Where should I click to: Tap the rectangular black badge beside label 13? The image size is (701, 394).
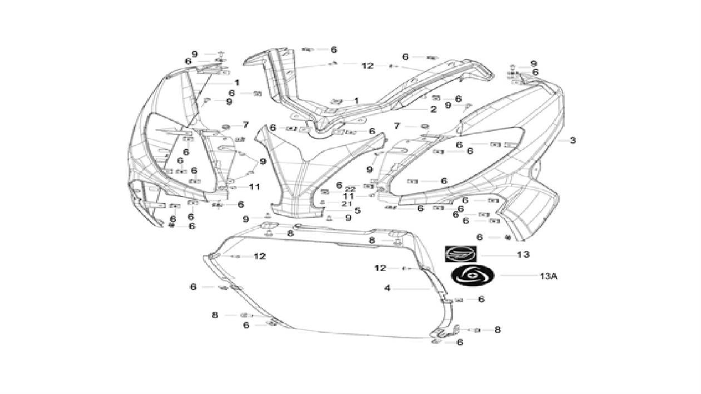coord(461,254)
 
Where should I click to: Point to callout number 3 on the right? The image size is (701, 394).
coord(572,140)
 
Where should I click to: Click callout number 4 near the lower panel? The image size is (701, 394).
coord(388,288)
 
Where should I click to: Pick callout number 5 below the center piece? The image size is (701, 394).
coord(357,210)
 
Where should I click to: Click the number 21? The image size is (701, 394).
coord(347,204)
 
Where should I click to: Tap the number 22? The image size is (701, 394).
coord(349,189)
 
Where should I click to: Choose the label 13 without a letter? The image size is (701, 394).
coord(523,255)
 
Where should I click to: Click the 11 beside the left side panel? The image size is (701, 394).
coord(254,187)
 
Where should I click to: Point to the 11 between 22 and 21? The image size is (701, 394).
coord(349,196)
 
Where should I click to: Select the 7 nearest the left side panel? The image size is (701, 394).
coord(245,125)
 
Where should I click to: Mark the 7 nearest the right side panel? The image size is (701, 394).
coord(397,126)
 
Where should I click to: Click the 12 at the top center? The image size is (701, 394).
coord(367,66)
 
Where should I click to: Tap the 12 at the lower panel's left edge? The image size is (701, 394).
coord(260,256)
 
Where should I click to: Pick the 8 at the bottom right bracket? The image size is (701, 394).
coord(497,329)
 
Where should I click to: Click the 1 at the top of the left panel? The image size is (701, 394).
coord(236,82)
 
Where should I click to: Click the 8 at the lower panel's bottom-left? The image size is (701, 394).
coord(215,315)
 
